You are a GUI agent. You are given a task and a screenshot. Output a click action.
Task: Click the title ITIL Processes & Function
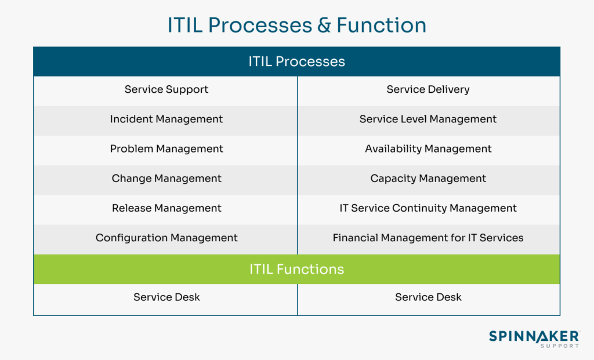(x=296, y=25)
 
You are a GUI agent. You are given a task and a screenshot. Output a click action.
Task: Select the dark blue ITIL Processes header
(x=296, y=61)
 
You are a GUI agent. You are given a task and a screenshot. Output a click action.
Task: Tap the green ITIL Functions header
(x=296, y=269)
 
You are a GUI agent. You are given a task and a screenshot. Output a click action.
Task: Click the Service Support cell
(x=166, y=89)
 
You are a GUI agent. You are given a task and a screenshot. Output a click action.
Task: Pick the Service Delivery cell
(x=428, y=89)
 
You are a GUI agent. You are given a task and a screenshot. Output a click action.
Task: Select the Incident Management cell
(x=166, y=119)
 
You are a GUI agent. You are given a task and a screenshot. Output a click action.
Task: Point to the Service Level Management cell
(x=428, y=119)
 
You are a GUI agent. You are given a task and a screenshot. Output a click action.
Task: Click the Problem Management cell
(x=166, y=149)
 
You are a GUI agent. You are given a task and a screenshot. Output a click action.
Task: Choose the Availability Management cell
(x=428, y=149)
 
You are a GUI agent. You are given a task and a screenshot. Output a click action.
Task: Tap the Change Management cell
(x=166, y=179)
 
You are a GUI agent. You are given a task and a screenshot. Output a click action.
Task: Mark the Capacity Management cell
(x=428, y=179)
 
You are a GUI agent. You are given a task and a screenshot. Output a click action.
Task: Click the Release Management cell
(x=166, y=208)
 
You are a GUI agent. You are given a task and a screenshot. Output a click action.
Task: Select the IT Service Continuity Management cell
(x=428, y=208)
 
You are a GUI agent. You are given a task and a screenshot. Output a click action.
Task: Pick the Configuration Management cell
(x=166, y=238)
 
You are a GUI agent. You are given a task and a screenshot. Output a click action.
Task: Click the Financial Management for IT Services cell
(x=428, y=238)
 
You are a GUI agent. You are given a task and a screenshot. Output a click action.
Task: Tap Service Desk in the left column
(x=166, y=297)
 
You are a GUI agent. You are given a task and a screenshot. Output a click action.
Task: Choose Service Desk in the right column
(x=428, y=297)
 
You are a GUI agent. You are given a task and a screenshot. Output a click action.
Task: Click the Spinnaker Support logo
(x=534, y=339)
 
